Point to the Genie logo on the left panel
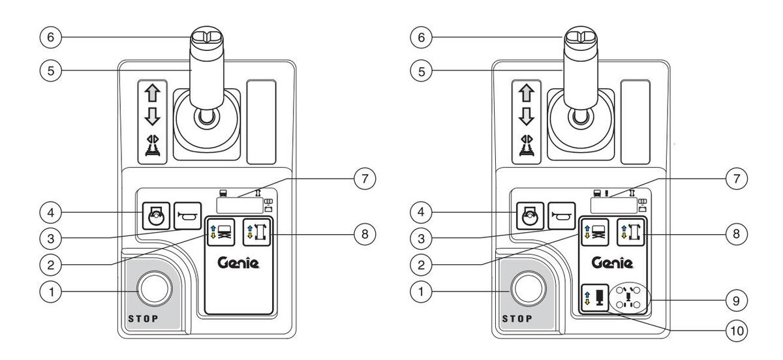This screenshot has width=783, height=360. coord(238,263)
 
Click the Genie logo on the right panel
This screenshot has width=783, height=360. coord(613,263)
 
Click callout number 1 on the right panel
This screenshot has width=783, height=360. coord(420,292)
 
